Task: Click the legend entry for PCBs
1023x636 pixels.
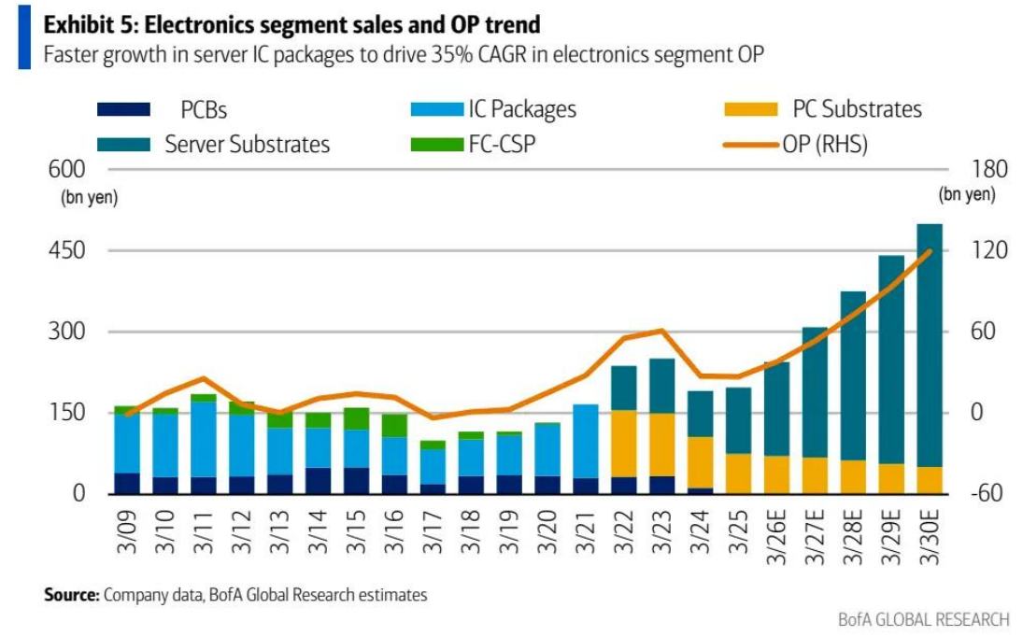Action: point(204,110)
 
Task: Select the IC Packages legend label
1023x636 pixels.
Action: point(521,109)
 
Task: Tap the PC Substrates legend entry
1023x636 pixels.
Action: point(857,109)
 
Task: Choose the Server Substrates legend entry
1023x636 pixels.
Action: point(247,145)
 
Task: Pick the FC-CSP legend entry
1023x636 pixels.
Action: point(502,145)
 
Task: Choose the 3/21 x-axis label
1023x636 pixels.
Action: point(585,531)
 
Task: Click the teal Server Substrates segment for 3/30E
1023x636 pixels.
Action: point(930,346)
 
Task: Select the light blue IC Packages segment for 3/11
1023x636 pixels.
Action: point(204,439)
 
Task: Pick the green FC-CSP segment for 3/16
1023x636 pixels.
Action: point(394,426)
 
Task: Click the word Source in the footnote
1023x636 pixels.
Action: point(71,594)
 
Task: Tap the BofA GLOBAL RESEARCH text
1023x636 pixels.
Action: point(924,619)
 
